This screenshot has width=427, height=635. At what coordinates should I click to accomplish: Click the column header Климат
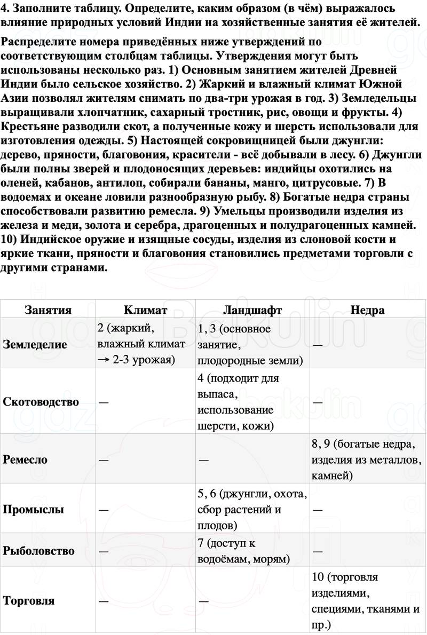point(145,310)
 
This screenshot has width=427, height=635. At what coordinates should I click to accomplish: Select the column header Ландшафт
point(252,310)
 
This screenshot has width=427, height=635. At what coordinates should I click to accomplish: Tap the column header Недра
point(368,310)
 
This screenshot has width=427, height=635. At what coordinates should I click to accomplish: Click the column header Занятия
point(48,310)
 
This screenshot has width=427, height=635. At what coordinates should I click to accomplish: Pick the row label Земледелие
point(35,344)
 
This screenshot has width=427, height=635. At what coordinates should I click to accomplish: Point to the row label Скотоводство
point(41,402)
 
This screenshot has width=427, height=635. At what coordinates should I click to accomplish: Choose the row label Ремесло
point(25,459)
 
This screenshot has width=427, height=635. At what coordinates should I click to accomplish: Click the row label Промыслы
point(34,509)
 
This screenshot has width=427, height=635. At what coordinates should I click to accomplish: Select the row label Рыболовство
point(39,551)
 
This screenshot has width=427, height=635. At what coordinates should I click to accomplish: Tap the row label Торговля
point(29,601)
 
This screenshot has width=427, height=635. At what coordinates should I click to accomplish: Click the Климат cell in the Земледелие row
point(142,344)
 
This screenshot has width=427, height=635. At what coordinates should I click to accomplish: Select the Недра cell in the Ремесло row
point(368,459)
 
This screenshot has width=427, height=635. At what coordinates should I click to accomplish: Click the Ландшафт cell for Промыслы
point(251,509)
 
